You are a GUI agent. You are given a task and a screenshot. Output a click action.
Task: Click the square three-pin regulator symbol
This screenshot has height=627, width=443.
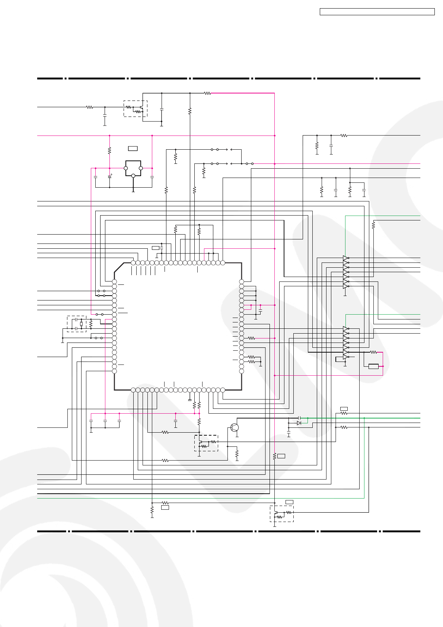coord(133,168)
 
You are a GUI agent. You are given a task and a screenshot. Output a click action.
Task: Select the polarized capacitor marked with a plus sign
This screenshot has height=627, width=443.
coord(109,176)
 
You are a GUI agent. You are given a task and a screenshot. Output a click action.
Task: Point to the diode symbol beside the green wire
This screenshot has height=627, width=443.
coord(299,423)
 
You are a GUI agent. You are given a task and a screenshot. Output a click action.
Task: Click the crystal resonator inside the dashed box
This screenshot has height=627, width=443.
coord(81,324)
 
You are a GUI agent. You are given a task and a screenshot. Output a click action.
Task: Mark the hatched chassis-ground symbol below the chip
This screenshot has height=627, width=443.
coord(190,400)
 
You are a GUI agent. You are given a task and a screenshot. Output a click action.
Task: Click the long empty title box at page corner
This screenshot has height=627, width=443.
coord(377,12)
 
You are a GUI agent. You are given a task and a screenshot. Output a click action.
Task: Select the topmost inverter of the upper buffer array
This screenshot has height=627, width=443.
coord(346,258)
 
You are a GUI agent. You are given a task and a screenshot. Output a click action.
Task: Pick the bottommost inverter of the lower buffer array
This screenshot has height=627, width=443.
coord(346,357)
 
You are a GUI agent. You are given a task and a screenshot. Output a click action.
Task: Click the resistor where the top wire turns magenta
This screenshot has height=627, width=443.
coord(207,93)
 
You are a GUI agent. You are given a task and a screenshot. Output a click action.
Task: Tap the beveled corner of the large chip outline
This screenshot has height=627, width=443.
coord(119,268)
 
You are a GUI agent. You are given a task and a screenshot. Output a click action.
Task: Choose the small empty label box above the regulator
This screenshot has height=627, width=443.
coord(133,149)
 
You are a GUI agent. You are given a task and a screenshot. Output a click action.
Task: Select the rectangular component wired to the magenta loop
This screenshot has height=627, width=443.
coord(373,366)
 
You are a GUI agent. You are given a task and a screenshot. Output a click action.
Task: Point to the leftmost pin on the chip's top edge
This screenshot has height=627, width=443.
coord(133,263)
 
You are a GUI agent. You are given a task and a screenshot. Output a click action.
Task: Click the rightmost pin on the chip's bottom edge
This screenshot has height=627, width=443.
coord(223,390)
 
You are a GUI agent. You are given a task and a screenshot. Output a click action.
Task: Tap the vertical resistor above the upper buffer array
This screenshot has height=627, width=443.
coord(373,225)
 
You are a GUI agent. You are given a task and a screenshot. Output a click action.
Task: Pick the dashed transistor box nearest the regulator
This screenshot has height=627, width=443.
coord(136,109)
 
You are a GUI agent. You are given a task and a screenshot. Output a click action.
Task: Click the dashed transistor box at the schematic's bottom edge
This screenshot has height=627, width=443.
coord(282,513)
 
